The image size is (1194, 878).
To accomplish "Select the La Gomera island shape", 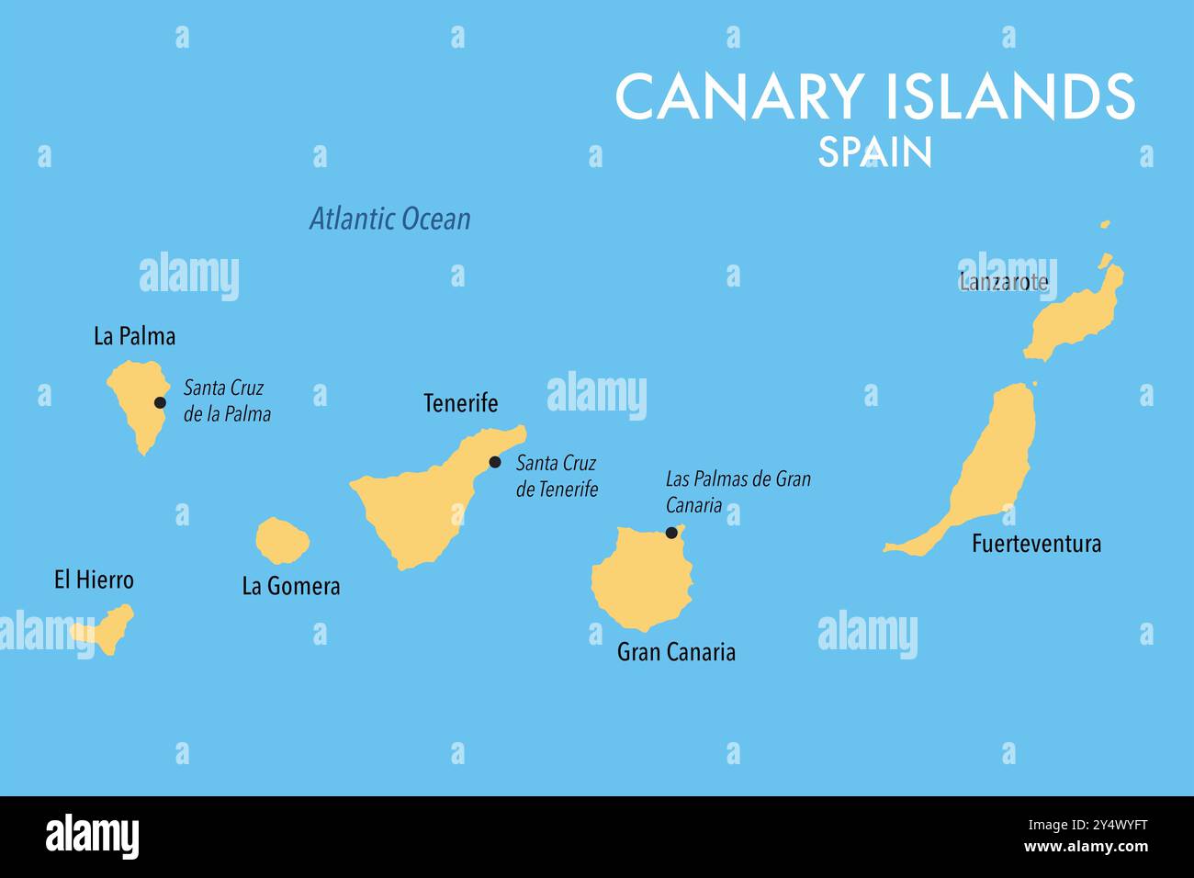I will click(x=280, y=541).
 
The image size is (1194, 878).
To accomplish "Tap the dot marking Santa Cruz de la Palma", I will click(x=160, y=402).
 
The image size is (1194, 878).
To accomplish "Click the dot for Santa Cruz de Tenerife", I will click(x=495, y=462).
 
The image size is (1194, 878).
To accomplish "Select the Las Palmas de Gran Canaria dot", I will click(x=671, y=533).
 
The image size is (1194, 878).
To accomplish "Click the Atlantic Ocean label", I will click(x=389, y=219).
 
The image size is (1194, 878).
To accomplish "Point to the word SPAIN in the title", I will click(x=874, y=152).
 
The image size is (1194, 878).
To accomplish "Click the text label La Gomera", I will click(x=290, y=586).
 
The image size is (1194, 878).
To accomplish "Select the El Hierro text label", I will click(x=94, y=580).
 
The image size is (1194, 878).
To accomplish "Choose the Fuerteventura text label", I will click(x=1036, y=544).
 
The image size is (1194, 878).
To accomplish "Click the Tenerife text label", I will click(x=460, y=402).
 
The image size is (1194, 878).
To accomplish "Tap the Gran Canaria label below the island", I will click(x=676, y=652).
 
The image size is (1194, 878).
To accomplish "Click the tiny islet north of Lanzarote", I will click(x=1105, y=224).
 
